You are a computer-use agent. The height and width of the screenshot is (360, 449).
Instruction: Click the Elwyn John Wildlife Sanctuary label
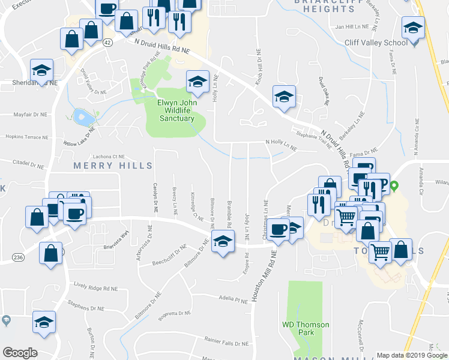[176, 110]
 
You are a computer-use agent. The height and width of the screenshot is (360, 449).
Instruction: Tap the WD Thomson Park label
[306, 329]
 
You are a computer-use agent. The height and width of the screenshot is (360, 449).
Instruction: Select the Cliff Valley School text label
[376, 43]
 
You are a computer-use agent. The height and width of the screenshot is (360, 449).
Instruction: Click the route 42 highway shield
[107, 43]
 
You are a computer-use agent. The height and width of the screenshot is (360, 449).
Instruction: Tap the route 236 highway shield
[18, 257]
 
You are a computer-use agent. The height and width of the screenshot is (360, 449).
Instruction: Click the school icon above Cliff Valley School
[414, 29]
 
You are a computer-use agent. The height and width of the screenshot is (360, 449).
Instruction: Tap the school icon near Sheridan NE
[41, 70]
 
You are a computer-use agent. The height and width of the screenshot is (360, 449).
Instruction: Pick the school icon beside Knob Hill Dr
[285, 97]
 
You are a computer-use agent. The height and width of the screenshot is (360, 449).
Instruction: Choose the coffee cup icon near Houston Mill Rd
[279, 230]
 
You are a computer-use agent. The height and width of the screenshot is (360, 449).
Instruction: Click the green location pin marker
[394, 186]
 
